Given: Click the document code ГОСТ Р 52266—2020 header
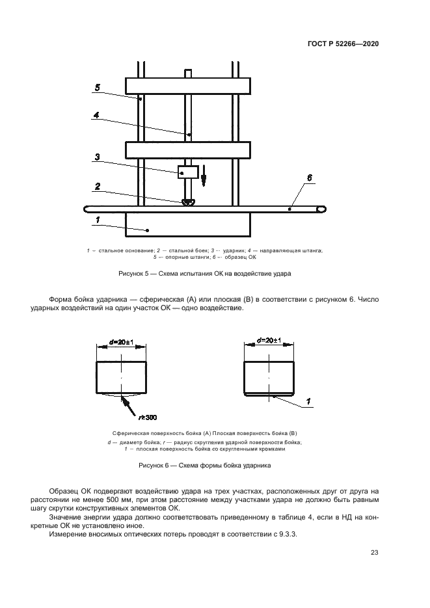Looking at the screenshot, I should (x=343, y=44).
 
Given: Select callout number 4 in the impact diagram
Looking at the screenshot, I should (x=96, y=116).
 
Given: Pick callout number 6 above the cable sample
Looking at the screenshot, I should (x=310, y=177).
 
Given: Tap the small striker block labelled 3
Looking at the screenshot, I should (x=189, y=172).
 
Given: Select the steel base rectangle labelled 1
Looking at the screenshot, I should (x=188, y=225).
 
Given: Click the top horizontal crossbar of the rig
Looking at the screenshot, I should (x=188, y=85).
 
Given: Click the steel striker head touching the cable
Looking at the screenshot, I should (x=189, y=203).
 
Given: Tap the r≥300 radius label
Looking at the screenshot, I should (x=148, y=417).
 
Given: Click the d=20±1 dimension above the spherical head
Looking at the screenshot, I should (x=122, y=341).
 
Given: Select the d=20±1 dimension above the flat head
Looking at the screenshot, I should (x=269, y=341).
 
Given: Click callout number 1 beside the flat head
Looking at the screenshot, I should (x=309, y=401).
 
